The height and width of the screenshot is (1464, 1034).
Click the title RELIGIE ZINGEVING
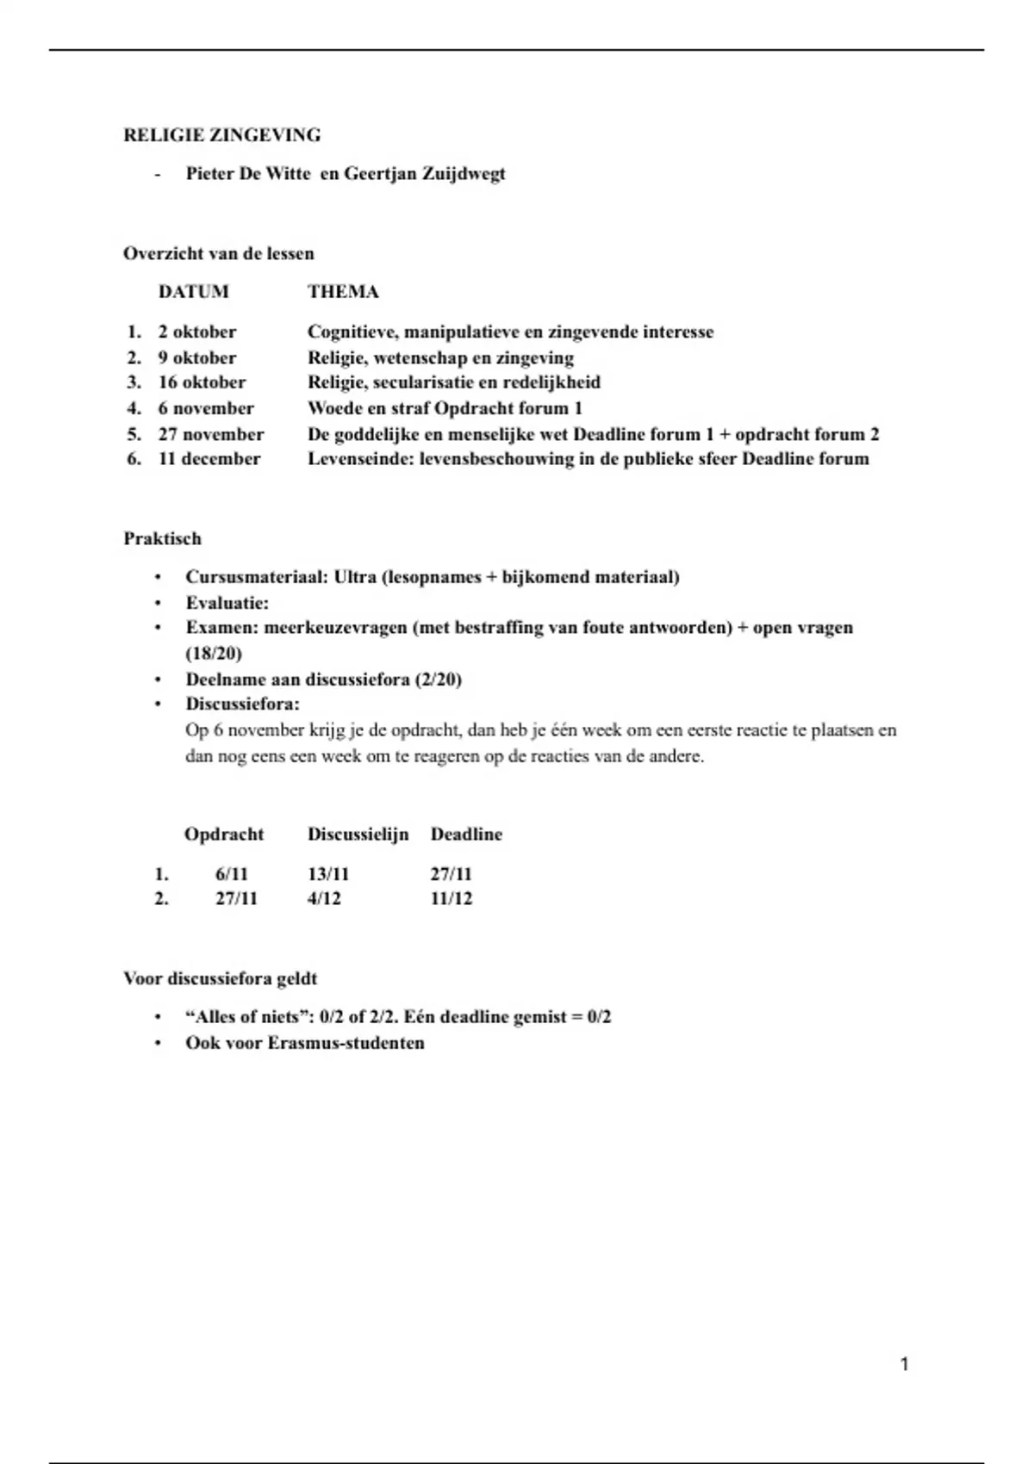(x=221, y=135)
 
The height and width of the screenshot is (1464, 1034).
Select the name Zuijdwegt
(x=463, y=174)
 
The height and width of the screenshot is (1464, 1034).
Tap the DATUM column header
(x=193, y=292)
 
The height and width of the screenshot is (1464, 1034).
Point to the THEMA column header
(x=343, y=292)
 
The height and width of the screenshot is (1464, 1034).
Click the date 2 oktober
(x=196, y=332)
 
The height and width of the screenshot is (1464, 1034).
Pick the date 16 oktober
(x=202, y=382)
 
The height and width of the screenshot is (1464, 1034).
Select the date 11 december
(x=209, y=459)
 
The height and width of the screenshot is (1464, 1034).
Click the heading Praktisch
(x=162, y=539)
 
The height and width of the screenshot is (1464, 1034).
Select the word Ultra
(x=354, y=577)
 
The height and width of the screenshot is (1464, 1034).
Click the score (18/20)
(x=214, y=654)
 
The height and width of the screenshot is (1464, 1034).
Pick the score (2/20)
(x=438, y=679)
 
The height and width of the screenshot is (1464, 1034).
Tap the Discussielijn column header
(x=358, y=834)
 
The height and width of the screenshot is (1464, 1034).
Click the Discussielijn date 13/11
(x=328, y=874)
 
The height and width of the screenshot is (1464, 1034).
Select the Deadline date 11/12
(x=451, y=899)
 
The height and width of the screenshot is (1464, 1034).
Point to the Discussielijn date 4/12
(x=324, y=899)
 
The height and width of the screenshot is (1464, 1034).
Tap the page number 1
(x=904, y=1364)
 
